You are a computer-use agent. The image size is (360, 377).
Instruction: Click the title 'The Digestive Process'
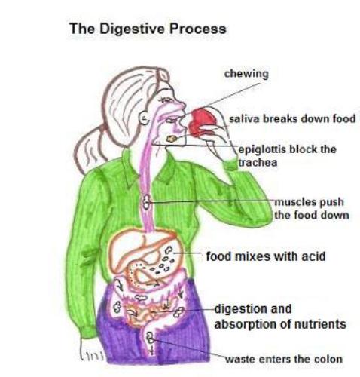(148, 29)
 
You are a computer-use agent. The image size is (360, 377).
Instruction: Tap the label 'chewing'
(246, 75)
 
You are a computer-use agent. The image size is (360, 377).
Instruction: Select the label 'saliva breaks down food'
(292, 118)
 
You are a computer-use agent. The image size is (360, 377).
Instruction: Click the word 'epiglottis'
(261, 149)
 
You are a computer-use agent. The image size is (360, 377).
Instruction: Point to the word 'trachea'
(258, 163)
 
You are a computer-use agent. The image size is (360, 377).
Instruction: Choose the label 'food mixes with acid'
(266, 256)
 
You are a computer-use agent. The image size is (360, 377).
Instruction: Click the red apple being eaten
(203, 121)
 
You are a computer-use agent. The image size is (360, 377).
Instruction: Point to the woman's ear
(144, 118)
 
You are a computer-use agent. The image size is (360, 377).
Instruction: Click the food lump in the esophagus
(146, 201)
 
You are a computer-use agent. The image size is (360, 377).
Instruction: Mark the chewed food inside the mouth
(172, 139)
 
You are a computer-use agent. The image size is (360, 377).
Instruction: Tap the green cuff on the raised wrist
(230, 164)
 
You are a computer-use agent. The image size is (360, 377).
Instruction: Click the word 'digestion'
(253, 309)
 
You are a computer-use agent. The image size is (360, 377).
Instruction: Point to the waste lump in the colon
(150, 337)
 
